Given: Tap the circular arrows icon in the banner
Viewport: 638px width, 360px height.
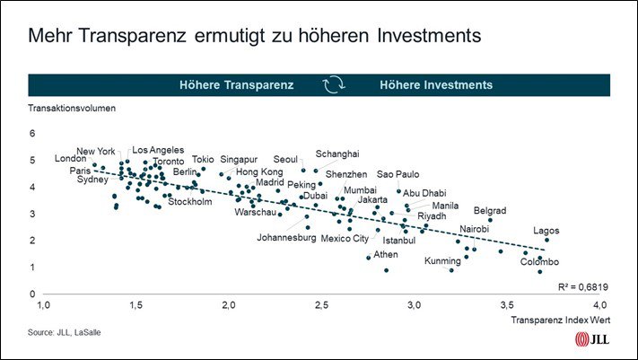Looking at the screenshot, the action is [334, 84].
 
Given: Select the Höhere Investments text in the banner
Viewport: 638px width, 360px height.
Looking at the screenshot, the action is [436, 84].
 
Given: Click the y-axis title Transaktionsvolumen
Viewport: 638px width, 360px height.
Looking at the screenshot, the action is [72, 109].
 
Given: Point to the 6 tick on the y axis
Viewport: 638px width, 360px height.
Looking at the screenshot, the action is [32, 133].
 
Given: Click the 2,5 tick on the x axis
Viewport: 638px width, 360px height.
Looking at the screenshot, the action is [321, 305].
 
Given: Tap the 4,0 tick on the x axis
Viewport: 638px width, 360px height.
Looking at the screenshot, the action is [599, 305].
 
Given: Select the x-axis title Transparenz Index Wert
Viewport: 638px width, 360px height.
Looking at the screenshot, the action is [561, 320].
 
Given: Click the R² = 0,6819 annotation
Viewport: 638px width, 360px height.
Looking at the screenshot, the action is [583, 287].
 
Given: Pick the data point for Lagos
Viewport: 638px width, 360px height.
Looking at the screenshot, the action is [546, 241].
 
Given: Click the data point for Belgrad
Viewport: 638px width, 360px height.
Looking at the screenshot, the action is [490, 220].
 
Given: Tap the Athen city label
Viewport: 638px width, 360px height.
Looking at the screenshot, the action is [386, 255].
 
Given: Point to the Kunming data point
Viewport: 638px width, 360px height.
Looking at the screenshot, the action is [451, 270].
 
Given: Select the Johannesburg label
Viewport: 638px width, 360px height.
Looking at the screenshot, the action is [286, 237].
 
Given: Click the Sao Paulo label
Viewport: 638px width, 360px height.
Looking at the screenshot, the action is [398, 174].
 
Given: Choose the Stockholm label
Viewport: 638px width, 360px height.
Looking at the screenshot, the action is [190, 202].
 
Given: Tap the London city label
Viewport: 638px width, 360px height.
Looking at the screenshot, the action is [70, 158].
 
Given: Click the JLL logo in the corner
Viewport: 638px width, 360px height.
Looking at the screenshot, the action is [592, 338].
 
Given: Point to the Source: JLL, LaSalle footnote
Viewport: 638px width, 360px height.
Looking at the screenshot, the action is [65, 332].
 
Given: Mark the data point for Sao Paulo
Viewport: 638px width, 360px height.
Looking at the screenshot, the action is [398, 191].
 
